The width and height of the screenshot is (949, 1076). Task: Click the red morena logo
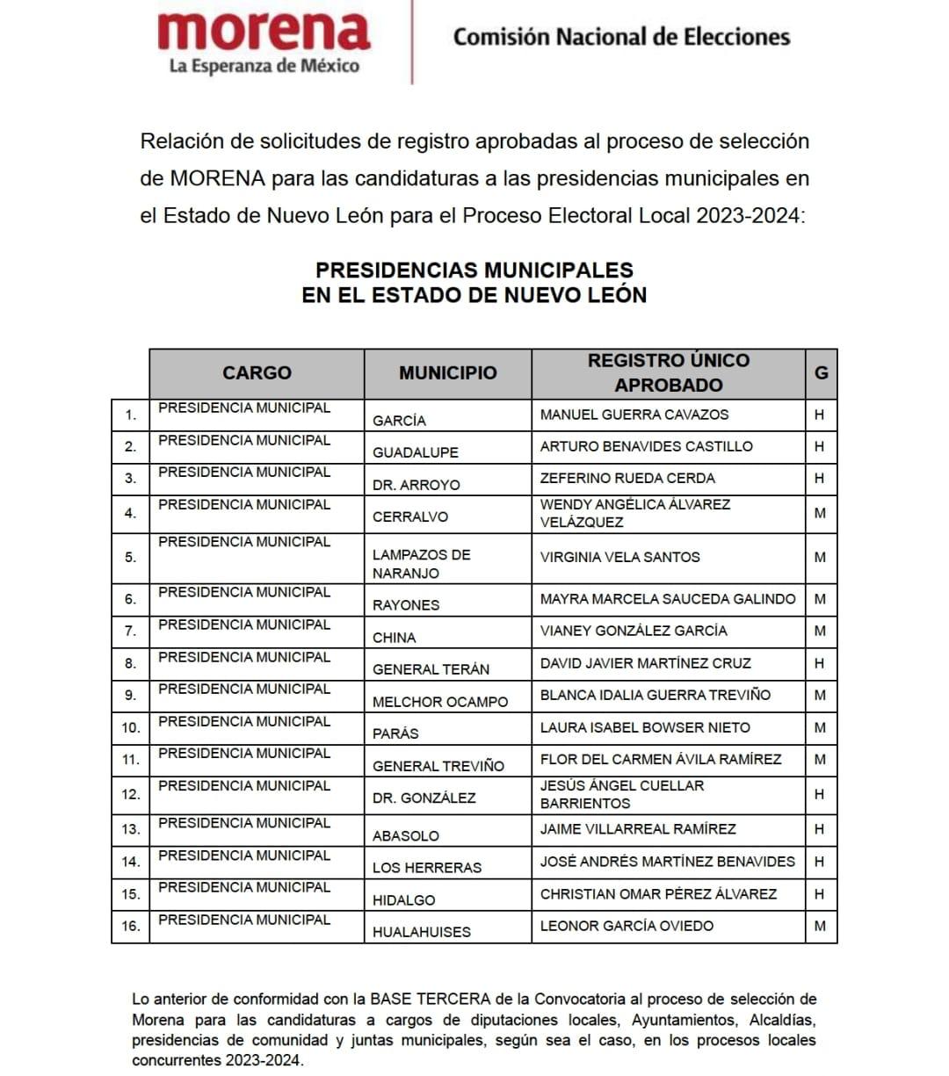[264, 32]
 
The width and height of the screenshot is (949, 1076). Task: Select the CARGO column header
[257, 373]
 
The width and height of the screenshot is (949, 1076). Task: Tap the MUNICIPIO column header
[447, 373]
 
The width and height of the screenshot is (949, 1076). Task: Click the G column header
[821, 373]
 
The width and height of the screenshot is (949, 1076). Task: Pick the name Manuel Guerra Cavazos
[634, 415]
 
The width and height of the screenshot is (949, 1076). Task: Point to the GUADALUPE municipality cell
[416, 452]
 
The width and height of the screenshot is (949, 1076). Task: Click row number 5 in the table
[130, 558]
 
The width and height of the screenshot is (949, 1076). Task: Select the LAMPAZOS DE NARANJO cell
[422, 564]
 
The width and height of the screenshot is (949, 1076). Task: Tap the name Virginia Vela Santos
[619, 558]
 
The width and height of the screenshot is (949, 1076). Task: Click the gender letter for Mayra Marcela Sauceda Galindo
[820, 599]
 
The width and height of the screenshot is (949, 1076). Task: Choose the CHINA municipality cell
[395, 638]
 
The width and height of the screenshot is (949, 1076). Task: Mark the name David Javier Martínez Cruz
[645, 663]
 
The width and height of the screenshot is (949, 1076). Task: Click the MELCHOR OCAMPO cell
[440, 702]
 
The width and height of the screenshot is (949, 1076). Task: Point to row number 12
[130, 795]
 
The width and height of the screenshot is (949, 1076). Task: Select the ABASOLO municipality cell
[406, 836]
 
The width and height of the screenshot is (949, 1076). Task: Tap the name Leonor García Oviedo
[627, 926]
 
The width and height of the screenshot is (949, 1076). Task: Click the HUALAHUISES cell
[422, 932]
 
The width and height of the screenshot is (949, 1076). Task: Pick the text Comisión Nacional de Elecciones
[621, 37]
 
